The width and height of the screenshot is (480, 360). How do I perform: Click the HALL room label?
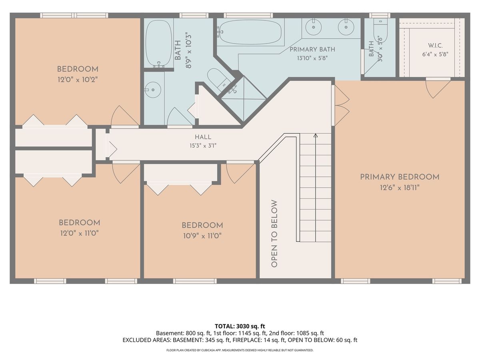click(x=203, y=137)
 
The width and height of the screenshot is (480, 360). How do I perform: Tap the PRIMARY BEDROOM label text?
click(x=400, y=177)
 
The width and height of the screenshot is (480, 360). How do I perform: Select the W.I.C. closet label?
click(x=435, y=46)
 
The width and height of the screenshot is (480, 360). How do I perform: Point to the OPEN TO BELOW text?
click(x=274, y=234)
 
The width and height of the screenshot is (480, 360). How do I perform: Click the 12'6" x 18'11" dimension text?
click(x=400, y=188)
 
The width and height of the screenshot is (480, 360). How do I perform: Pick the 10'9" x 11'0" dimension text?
click(x=202, y=236)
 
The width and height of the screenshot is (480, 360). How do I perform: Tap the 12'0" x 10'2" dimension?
click(x=78, y=80)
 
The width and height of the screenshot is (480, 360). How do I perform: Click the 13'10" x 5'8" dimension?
click(x=312, y=58)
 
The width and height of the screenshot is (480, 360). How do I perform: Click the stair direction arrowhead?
click(x=315, y=136)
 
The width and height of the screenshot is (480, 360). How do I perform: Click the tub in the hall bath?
click(x=159, y=44)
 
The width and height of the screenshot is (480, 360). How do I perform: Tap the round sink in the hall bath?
click(x=153, y=90)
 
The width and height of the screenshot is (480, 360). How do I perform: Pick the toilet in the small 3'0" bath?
click(x=380, y=31)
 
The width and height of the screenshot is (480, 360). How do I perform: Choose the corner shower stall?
click(x=243, y=99)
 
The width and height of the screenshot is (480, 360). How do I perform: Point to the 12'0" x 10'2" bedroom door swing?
click(x=125, y=116)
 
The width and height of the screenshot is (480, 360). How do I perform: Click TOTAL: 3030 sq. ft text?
click(x=240, y=326)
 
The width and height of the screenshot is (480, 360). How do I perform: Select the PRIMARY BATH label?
click(x=312, y=49)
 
